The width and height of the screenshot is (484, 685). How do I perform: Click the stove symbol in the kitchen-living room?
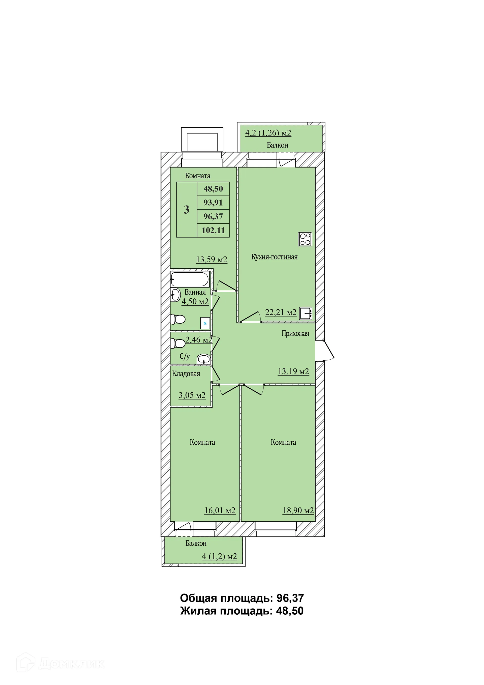(x=305, y=239)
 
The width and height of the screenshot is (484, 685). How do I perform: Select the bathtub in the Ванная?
(x=190, y=279)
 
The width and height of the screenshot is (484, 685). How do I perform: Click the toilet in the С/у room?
(x=178, y=344)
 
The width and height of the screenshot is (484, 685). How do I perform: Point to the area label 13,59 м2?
(x=211, y=259)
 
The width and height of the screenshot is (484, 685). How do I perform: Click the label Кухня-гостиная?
(x=274, y=257)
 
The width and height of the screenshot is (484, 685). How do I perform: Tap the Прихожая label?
(x=295, y=334)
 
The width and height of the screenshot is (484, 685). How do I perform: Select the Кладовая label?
(x=186, y=374)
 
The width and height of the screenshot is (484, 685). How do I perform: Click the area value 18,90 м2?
(x=298, y=510)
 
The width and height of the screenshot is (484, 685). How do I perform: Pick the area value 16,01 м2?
(x=220, y=510)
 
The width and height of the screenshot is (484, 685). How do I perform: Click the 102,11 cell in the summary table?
(x=213, y=230)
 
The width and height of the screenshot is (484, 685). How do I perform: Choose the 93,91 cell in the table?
(x=213, y=203)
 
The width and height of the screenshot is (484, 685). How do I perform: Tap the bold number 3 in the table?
(x=186, y=210)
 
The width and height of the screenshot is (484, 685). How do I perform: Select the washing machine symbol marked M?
(x=205, y=323)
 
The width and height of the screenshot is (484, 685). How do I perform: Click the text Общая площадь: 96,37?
(x=241, y=598)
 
